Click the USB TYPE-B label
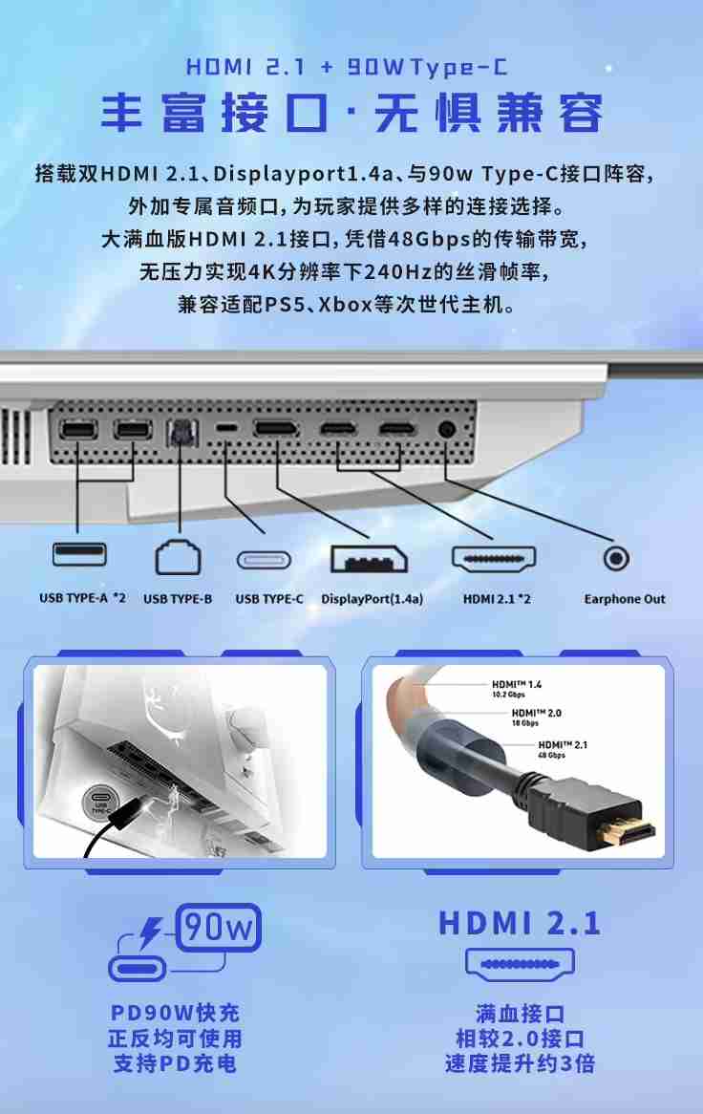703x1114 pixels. pyautogui.click(x=178, y=599)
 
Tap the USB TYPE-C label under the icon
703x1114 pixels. pyautogui.click(x=269, y=599)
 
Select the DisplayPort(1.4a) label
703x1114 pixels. pyautogui.click(x=372, y=599)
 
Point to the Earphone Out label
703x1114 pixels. pyautogui.click(x=625, y=599)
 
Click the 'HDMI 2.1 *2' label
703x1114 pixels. pyautogui.click(x=497, y=599)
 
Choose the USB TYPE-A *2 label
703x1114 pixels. pyautogui.click(x=82, y=598)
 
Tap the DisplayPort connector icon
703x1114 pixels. pyautogui.click(x=369, y=558)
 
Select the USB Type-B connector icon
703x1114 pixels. pyautogui.click(x=178, y=557)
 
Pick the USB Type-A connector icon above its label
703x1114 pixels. pyautogui.click(x=79, y=553)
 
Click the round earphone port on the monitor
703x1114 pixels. pyautogui.click(x=446, y=429)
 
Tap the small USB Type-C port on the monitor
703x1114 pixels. pyautogui.click(x=226, y=428)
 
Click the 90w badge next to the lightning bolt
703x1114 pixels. pyautogui.click(x=219, y=927)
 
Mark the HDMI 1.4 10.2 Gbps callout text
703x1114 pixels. pyautogui.click(x=517, y=689)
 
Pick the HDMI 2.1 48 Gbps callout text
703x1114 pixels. pyautogui.click(x=564, y=749)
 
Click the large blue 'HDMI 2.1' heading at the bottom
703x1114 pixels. pyautogui.click(x=520, y=923)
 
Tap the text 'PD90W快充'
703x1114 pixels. pyautogui.click(x=175, y=1013)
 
